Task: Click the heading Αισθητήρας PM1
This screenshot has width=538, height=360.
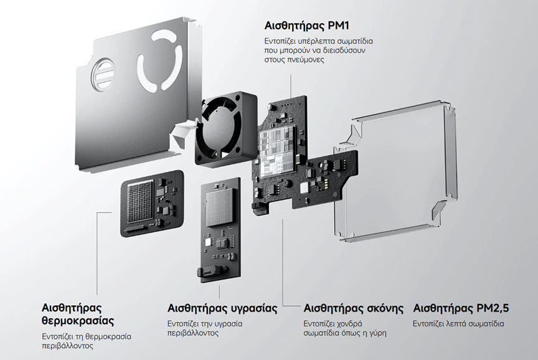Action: pyautogui.click(x=307, y=26)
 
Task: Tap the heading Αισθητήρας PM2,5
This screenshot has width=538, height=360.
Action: pyautogui.click(x=461, y=308)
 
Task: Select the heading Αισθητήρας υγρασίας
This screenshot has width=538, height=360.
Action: pyautogui.click(x=222, y=308)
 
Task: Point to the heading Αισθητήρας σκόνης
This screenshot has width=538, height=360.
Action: pyautogui.click(x=354, y=308)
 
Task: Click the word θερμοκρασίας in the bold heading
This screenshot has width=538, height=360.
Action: pyautogui.click(x=78, y=321)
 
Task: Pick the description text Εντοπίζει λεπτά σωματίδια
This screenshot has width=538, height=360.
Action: pyautogui.click(x=458, y=324)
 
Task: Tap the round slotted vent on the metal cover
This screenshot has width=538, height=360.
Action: pyautogui.click(x=102, y=75)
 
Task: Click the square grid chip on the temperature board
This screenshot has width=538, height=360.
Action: pyautogui.click(x=139, y=202)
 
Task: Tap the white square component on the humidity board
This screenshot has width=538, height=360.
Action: pyautogui.click(x=208, y=243)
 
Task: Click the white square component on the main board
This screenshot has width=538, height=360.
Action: pyautogui.click(x=304, y=188)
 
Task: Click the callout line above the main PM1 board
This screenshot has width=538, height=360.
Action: pyautogui.click(x=291, y=86)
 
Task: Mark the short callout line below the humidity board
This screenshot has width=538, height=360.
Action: pyautogui.click(x=219, y=291)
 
